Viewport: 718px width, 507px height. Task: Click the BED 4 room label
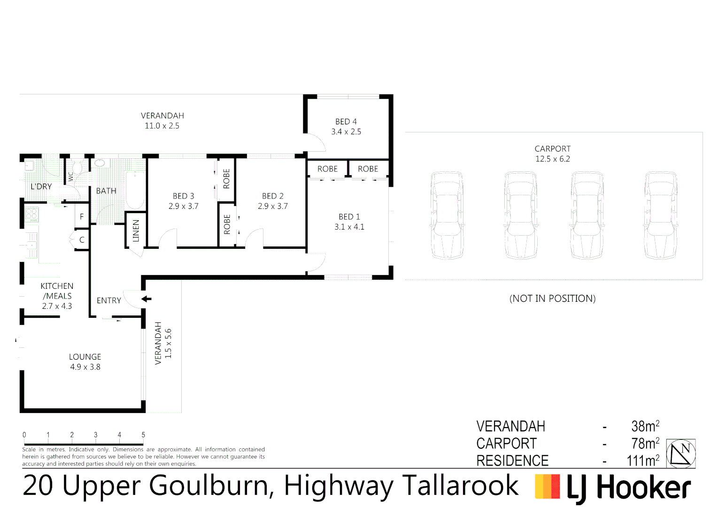[346, 122]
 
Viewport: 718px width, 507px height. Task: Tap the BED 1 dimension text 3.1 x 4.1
[349, 227]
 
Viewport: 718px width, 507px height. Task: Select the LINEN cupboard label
[136, 230]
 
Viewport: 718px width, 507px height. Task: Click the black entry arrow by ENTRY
[147, 299]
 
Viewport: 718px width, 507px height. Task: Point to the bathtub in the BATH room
[135, 190]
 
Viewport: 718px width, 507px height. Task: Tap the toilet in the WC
[78, 168]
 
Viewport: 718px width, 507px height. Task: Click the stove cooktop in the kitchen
[31, 215]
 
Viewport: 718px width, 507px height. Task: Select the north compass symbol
[681, 453]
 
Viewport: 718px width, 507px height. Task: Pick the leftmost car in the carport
[447, 215]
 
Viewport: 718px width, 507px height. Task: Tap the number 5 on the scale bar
[143, 435]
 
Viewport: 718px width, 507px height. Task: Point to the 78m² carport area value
[645, 443]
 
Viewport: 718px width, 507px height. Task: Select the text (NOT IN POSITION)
[552, 299]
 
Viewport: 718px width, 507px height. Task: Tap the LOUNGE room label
[85, 357]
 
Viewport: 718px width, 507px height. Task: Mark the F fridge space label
[82, 217]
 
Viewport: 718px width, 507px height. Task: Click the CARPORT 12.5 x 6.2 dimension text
[552, 159]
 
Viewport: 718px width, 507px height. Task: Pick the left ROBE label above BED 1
[327, 169]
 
